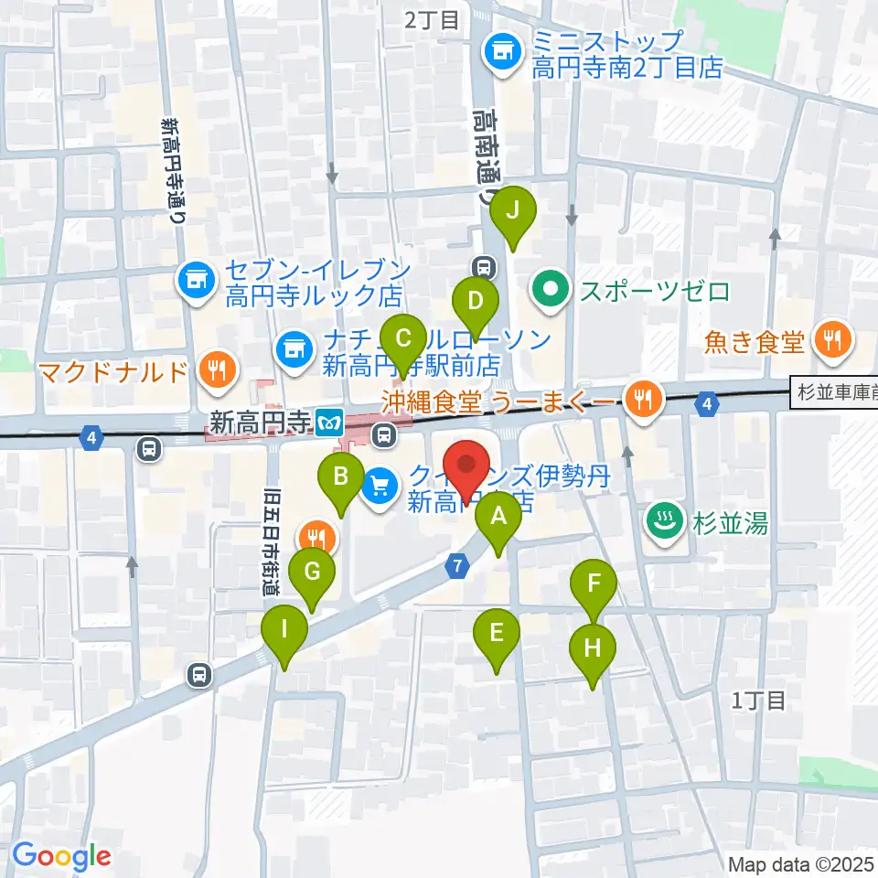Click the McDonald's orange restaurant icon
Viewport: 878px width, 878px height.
(x=215, y=369)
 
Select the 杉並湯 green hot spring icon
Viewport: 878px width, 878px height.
(x=660, y=521)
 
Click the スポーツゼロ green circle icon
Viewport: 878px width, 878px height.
(x=550, y=292)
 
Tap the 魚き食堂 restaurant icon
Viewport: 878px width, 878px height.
(x=832, y=342)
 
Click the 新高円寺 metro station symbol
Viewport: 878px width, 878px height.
(x=327, y=423)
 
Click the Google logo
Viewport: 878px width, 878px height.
(x=61, y=856)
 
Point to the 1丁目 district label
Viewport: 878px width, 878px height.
(x=759, y=701)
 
